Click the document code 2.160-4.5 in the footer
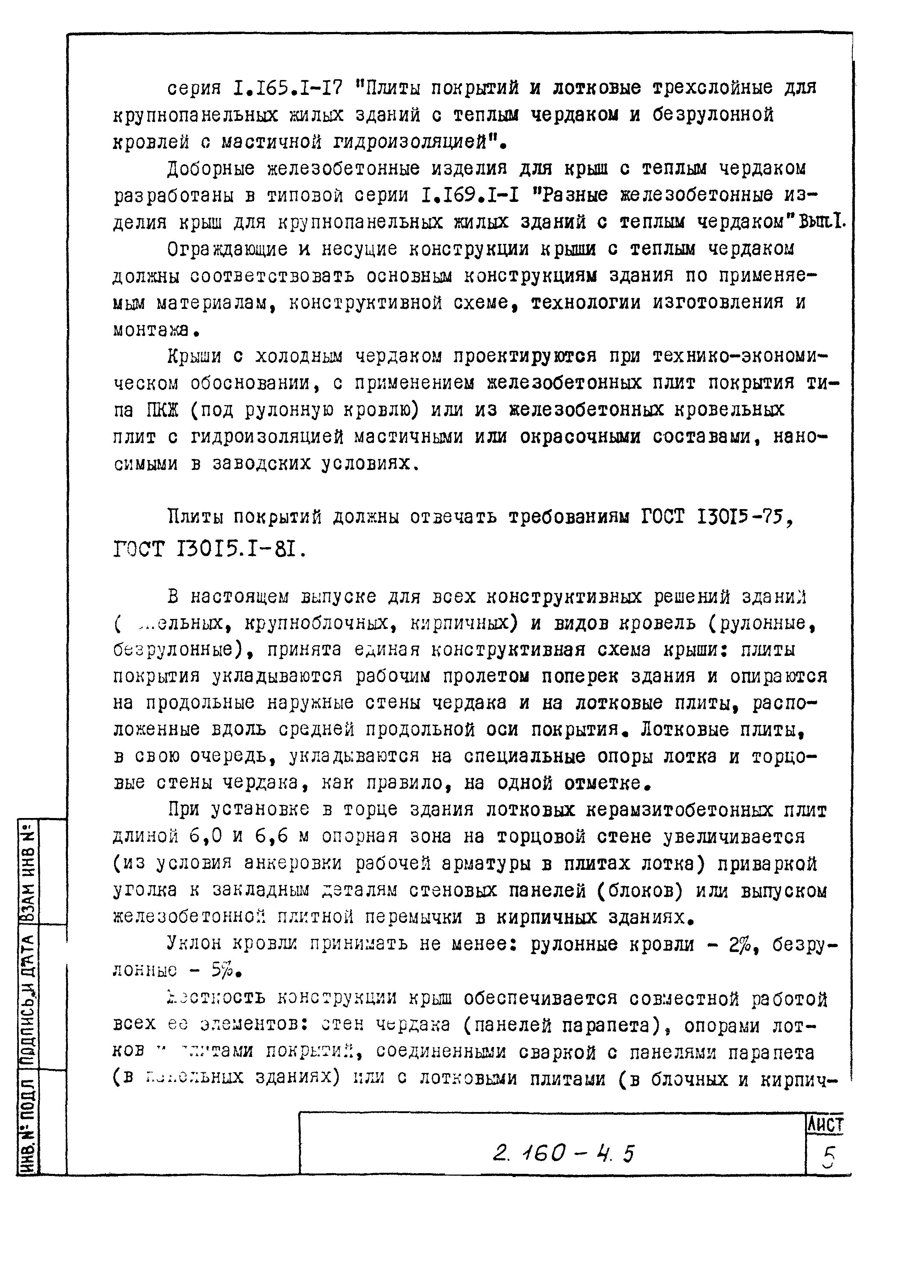(562, 1154)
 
